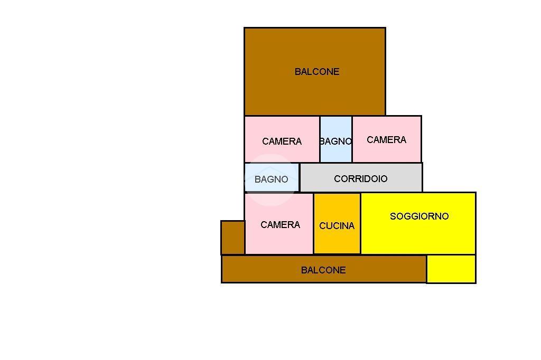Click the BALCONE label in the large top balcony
point(317,72)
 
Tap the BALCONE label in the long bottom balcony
point(323,270)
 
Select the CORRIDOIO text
point(360,178)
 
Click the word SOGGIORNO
point(419,216)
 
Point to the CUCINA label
point(337,226)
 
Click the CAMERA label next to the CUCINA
point(280,225)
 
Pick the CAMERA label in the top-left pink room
point(282,141)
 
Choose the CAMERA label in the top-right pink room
point(386,140)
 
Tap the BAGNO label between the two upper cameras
point(335,141)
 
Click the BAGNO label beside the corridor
point(271,179)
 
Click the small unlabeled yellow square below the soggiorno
point(451,269)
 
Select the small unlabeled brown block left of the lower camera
point(233,238)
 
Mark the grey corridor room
point(361,177)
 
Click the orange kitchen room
point(337,223)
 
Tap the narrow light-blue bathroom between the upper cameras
point(335,139)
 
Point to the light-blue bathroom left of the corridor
point(272,177)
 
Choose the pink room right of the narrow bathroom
point(387,139)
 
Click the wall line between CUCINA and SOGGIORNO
point(360,223)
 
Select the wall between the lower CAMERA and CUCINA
point(314,223)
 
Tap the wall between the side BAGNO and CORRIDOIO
point(300,177)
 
